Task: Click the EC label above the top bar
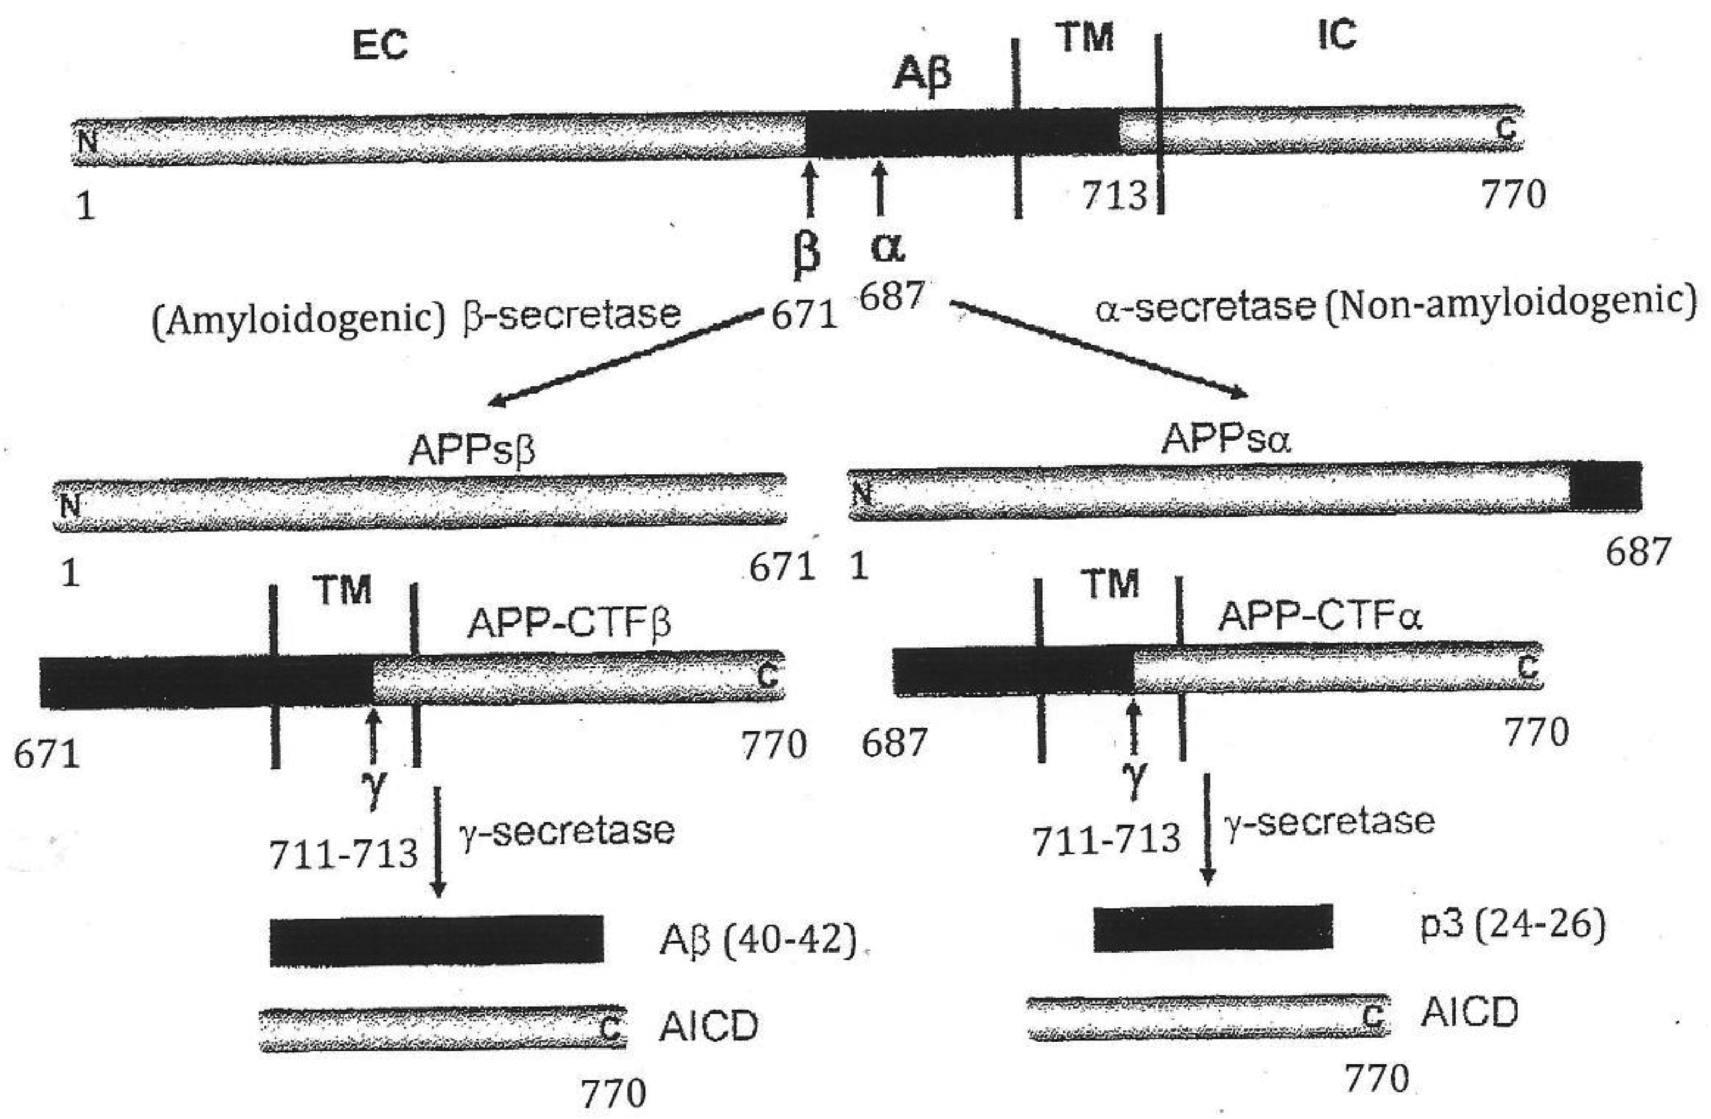tap(380, 45)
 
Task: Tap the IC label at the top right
tap(1337, 34)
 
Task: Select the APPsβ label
tap(472, 451)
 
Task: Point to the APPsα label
tap(1226, 439)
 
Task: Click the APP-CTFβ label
tap(569, 622)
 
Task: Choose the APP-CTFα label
tap(1320, 616)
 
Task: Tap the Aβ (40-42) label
tap(758, 939)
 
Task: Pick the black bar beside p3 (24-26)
tap(1213, 928)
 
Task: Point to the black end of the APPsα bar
tap(1604, 486)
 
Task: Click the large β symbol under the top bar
tap(807, 255)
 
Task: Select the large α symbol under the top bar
tap(887, 247)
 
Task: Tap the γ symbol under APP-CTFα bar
tap(1134, 779)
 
